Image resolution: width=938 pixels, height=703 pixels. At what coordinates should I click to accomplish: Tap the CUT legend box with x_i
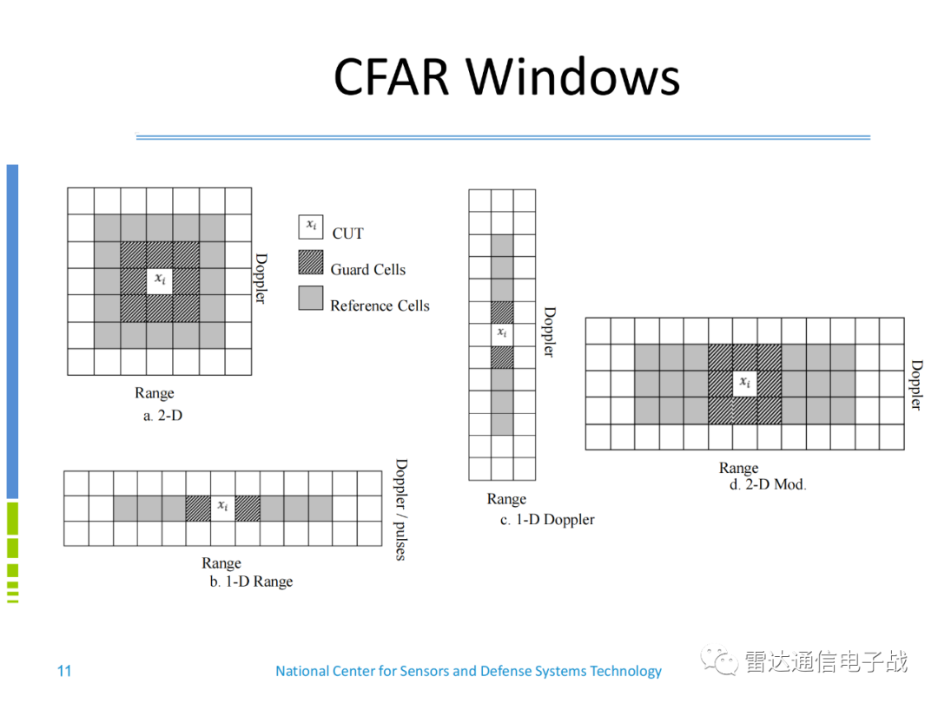tap(311, 227)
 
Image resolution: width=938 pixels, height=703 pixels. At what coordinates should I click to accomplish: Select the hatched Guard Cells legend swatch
tap(311, 263)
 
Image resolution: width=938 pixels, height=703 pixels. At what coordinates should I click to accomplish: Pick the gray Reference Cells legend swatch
tap(311, 298)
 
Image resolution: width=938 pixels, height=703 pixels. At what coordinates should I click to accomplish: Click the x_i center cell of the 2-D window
tap(160, 280)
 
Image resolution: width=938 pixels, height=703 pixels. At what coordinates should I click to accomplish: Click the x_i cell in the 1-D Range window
tap(223, 508)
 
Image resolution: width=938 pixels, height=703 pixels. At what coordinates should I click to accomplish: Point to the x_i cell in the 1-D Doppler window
tap(502, 334)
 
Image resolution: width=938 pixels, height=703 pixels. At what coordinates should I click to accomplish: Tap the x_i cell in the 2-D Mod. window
tap(744, 383)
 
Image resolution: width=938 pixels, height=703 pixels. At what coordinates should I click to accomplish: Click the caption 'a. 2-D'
tap(163, 416)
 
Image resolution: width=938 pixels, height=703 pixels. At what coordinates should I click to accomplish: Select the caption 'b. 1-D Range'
tap(251, 581)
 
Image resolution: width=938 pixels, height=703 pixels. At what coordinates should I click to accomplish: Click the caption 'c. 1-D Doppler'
tap(547, 520)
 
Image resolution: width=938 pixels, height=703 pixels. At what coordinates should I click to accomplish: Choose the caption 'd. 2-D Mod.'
tap(768, 484)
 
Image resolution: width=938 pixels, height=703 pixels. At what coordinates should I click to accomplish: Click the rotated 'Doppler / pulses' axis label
tap(400, 509)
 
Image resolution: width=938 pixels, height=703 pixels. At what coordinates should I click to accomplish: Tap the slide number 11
tap(64, 671)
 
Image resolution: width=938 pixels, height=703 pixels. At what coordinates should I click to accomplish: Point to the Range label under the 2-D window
tap(155, 393)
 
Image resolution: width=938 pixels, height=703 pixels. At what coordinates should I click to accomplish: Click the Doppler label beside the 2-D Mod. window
tap(915, 384)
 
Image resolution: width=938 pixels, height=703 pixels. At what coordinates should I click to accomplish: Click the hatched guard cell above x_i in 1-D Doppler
tap(502, 312)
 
